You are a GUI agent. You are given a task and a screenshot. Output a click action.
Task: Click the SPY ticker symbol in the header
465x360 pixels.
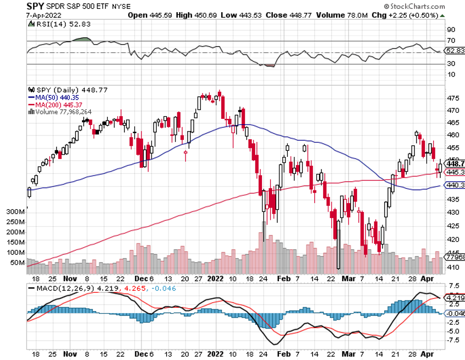pyautogui.click(x=36, y=6)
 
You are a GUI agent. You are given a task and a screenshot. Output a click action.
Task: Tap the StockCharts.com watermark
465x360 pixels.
pyautogui.click(x=423, y=6)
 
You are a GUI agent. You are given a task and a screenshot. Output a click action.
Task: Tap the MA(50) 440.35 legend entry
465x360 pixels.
pyautogui.click(x=51, y=97)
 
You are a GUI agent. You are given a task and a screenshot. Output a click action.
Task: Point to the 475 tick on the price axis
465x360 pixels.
pyautogui.click(x=453, y=99)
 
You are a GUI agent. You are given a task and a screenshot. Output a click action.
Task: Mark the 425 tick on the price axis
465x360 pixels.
pyautogui.click(x=453, y=226)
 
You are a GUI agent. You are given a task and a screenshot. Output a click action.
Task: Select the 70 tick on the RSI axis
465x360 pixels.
pyautogui.click(x=450, y=40)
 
